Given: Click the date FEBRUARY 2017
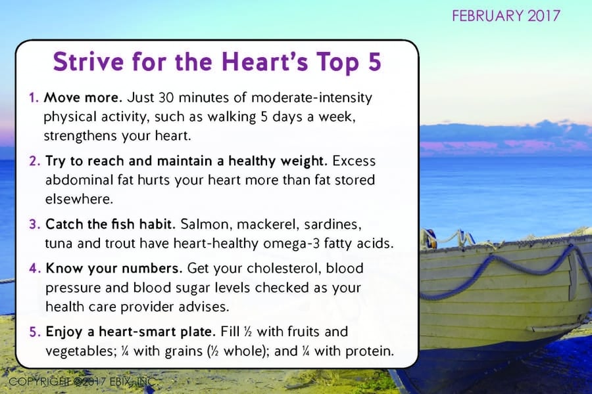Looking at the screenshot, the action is tap(506, 16).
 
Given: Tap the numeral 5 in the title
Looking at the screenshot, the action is tap(374, 62).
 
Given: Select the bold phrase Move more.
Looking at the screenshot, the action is tap(83, 97).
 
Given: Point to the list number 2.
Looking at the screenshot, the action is tap(34, 161).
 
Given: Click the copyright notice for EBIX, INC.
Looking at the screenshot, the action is tap(82, 382).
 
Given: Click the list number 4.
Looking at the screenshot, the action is tap(35, 269).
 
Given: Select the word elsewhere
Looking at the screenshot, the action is tap(80, 199).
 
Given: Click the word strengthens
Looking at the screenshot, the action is tap(80, 136).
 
